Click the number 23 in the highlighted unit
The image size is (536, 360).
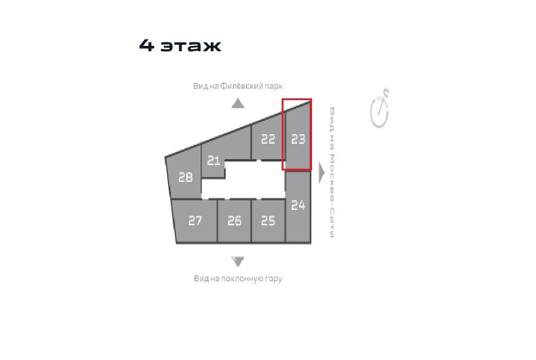coord(298,139)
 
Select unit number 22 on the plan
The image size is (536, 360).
coord(268,139)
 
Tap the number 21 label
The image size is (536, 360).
coord(214,160)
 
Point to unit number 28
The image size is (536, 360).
coord(186,177)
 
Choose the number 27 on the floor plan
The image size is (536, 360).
coord(195,221)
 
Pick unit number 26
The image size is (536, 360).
coord(235,221)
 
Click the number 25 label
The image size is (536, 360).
coord(268,221)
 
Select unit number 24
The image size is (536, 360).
coord(298,205)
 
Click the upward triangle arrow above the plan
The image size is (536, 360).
coord(238,103)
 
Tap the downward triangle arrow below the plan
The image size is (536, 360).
coord(238,262)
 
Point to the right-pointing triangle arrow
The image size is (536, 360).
coord(322,173)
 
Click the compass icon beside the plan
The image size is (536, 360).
coord(380,108)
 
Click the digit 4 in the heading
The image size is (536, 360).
coord(147,45)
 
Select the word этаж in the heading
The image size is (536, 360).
coord(191,46)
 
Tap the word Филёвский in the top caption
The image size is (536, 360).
coord(241,86)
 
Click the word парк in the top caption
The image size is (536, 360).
coord(273,86)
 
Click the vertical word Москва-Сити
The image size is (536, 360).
coord(332,195)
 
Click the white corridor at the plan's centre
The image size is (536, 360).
coord(244,179)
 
